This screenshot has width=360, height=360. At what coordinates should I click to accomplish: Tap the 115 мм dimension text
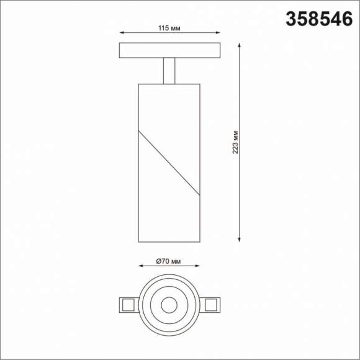[169, 27]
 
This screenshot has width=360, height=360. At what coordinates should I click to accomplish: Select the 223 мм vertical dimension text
[235, 143]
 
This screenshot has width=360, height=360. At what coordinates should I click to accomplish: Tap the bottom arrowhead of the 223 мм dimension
[240, 240]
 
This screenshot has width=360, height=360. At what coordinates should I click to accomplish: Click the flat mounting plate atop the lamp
[169, 50]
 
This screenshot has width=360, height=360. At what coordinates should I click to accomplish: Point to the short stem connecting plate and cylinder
[169, 70]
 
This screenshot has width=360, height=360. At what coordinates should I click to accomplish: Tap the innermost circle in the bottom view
[169, 304]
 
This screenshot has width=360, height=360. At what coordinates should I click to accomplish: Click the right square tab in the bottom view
[210, 304]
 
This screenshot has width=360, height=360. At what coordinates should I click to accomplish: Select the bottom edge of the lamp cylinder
[169, 242]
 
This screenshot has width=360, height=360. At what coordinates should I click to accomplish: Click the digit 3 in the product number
[290, 19]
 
